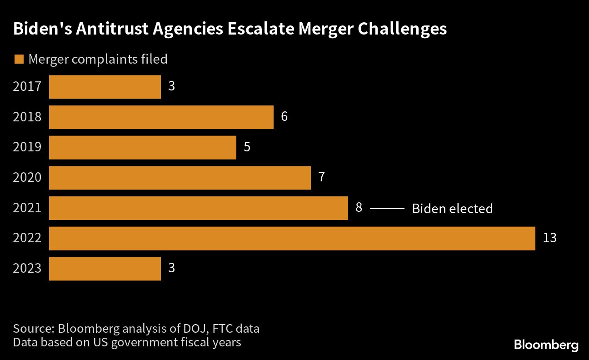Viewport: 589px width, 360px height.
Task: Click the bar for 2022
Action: pos(292,238)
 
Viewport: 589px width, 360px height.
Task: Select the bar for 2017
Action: pos(105,87)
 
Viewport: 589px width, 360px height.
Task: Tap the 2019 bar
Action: pos(143,147)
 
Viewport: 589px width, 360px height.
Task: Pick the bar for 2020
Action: pos(180,178)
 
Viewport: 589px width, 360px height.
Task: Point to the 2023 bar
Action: pos(105,269)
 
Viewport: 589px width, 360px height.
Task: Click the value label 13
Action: pos(549,238)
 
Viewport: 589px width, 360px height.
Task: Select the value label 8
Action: pos(359,208)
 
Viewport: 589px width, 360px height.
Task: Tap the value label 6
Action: pos(284,117)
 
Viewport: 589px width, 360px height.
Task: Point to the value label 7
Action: pos(321,177)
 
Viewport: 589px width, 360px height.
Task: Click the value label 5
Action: pos(247,147)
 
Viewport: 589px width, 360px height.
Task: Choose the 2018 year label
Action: pos(27,117)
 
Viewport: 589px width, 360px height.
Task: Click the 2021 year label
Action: pos(27,208)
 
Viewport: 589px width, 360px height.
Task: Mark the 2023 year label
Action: pos(27,269)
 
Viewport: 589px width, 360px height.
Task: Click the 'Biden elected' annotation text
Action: pos(452,209)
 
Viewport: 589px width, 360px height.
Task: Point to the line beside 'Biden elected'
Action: pos(387,208)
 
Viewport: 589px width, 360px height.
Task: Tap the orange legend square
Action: pos(19,59)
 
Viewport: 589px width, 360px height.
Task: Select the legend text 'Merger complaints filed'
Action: pos(98,59)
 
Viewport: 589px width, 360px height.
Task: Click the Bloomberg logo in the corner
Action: pos(546,345)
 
